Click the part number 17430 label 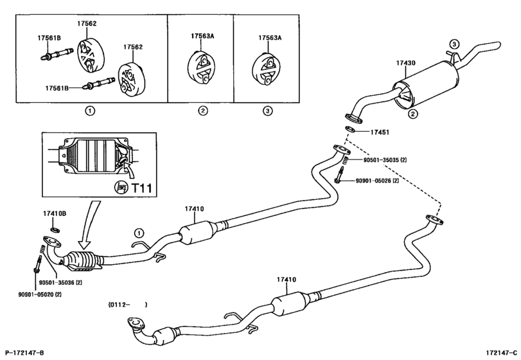click(x=405, y=63)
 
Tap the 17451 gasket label click(x=380, y=132)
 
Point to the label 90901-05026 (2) click(x=377, y=181)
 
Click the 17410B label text click(x=55, y=213)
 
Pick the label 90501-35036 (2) click(x=60, y=283)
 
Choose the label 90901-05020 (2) click(x=40, y=294)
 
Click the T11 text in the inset click(x=142, y=188)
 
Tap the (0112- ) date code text click(x=128, y=304)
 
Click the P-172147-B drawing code click(x=24, y=353)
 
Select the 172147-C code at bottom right click(x=501, y=353)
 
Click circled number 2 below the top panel click(x=203, y=111)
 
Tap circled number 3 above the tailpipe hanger click(x=454, y=44)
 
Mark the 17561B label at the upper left click(x=49, y=38)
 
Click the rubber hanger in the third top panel click(x=267, y=70)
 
